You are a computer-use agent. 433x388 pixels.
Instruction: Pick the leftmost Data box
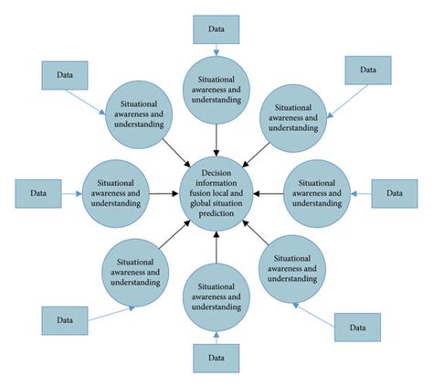coord(38,193)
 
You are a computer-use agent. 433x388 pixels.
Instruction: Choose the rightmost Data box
coord(394,193)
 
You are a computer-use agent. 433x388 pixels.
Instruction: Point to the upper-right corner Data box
coord(367,70)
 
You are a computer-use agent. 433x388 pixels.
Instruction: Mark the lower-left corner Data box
coord(65,320)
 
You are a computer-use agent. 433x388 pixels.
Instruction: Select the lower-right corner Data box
coord(357,326)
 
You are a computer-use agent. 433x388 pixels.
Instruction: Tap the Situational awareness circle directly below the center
coord(216,295)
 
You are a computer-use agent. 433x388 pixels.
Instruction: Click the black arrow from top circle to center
coord(216,137)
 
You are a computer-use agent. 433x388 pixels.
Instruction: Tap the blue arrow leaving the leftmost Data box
coord(70,193)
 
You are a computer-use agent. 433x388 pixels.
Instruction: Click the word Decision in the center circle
coord(216,171)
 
